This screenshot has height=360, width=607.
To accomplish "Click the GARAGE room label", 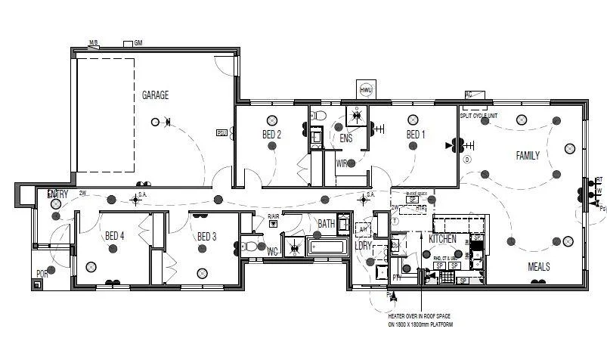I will (155, 95).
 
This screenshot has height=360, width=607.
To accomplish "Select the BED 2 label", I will (271, 135).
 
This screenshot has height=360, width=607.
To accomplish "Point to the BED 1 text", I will (415, 135).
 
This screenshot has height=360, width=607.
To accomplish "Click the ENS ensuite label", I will (346, 138).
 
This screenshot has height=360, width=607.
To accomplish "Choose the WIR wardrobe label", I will (341, 162).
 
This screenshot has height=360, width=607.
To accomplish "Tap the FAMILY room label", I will (528, 156).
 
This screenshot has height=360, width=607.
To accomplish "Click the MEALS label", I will (538, 267).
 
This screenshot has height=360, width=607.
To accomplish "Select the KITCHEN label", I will (442, 238).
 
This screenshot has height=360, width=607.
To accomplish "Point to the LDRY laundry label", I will (364, 246).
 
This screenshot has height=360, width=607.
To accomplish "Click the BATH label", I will (326, 224).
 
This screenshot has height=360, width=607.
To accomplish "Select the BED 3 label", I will (207, 237).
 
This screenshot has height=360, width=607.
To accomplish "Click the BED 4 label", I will (114, 236).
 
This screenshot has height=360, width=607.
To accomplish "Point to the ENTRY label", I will (57, 194).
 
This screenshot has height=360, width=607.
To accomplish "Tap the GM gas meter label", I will (138, 43).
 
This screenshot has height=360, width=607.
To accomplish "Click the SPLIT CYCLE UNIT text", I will (478, 116).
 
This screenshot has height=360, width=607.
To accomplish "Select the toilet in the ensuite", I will (318, 116).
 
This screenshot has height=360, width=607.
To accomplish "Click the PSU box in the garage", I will (221, 134).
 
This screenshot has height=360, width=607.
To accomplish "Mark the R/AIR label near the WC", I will (273, 218).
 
